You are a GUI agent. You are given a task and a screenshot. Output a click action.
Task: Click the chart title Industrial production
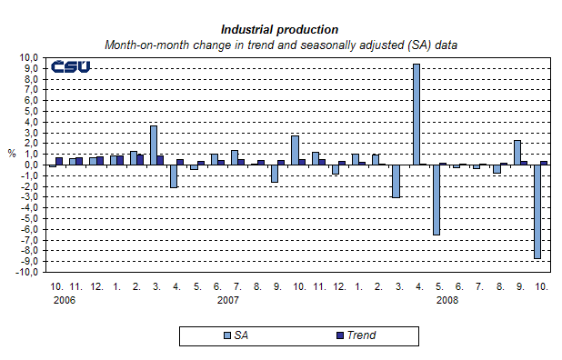pos(279,30)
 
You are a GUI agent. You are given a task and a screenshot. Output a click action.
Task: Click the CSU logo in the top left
pos(69,67)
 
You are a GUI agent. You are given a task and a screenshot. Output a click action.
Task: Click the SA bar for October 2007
pos(295,150)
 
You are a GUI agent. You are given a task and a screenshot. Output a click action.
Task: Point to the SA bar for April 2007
pos(174,175)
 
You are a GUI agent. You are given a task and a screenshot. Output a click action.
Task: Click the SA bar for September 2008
pos(517,152)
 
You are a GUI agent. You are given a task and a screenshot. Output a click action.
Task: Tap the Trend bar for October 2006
pos(59,161)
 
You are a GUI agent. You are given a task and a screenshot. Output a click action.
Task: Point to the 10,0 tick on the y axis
pos(29,57)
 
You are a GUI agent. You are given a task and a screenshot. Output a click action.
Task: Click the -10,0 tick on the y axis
pos(27,272)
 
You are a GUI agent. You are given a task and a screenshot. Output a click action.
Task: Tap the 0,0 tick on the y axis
pos(31,165)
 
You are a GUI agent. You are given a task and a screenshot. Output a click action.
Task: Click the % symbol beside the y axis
pos(12,154)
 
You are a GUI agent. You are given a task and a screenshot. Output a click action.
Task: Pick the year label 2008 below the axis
pos(447,299)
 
